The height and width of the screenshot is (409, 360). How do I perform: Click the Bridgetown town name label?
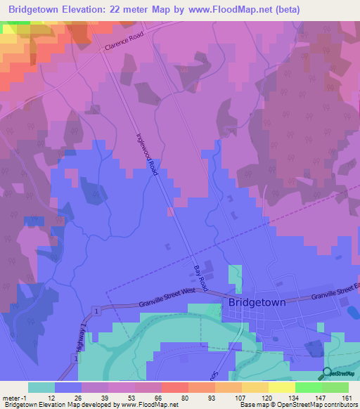(x=257, y=302)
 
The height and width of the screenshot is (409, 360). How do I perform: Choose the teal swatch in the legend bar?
(x=41, y=387)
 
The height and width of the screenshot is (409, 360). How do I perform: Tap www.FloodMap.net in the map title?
(x=228, y=10)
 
